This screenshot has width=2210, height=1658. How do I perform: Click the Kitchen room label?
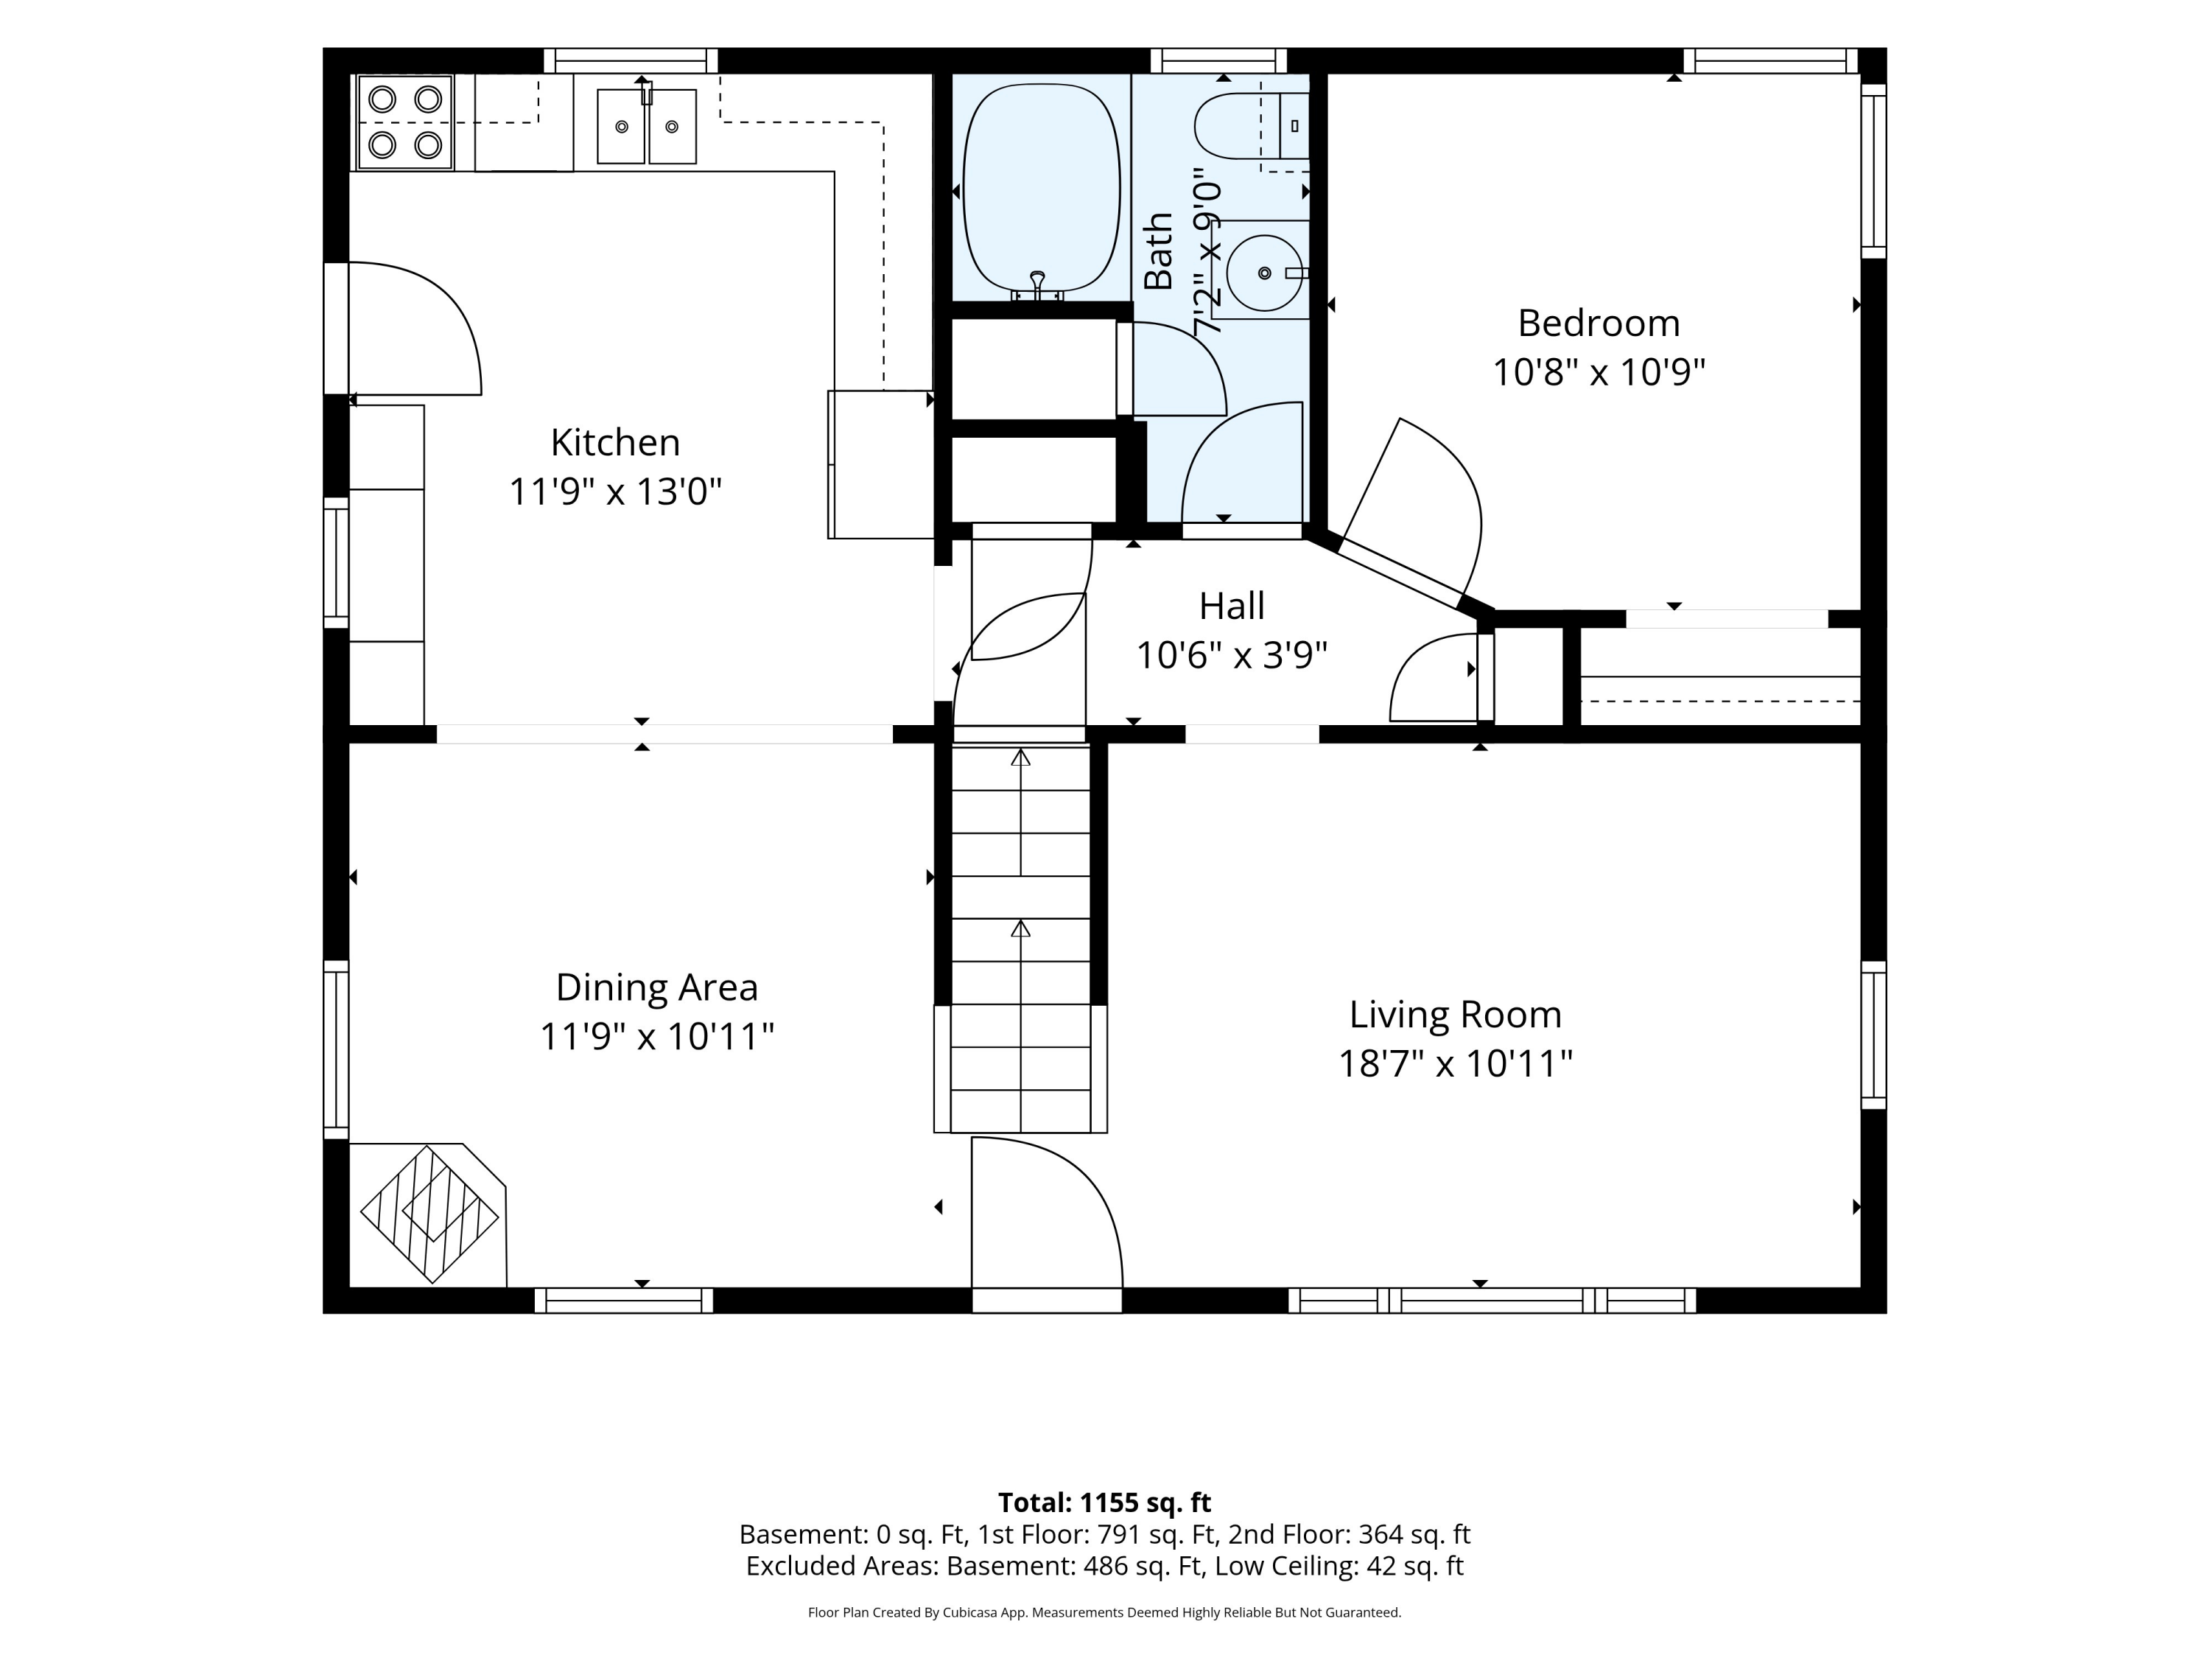[x=615, y=441]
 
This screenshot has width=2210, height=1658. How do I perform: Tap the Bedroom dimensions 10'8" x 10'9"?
[x=1599, y=373]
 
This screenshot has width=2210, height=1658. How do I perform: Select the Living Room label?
[x=1456, y=1015]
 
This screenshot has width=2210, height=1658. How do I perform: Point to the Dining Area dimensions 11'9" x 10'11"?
[x=657, y=1036]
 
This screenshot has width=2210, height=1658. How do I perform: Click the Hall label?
[x=1232, y=606]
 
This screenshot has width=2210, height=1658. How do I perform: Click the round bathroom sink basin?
[x=1265, y=273]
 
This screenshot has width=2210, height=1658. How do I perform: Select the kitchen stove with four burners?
[x=404, y=122]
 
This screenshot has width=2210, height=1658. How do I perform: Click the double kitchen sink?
[x=646, y=126]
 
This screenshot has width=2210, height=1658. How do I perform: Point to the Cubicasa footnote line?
[x=1104, y=1612]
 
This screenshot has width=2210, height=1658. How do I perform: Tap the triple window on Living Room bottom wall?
[x=1492, y=1300]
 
